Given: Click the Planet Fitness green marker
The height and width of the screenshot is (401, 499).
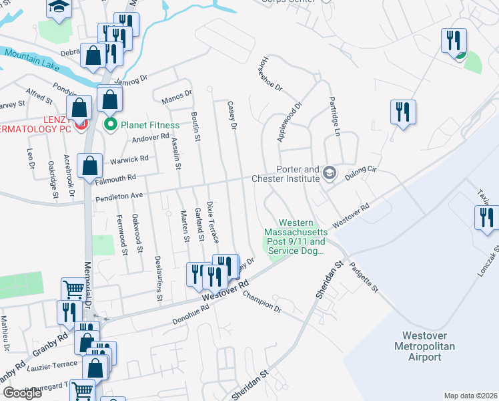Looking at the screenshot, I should tap(111, 125).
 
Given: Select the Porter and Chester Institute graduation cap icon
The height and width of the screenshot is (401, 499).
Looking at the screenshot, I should tap(329, 174).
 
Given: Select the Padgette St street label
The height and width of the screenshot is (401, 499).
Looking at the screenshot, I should tap(366, 277).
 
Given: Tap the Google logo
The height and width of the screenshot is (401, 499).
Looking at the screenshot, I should tap(23, 393).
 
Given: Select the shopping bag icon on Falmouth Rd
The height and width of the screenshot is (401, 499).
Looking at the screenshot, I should tap(89, 166).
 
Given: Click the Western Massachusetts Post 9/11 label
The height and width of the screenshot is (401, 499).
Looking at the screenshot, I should tap(302, 237).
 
